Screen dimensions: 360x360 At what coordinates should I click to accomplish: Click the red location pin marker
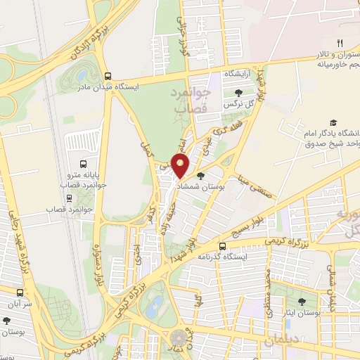coord(181,165)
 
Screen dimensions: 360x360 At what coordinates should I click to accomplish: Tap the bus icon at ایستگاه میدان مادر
coord(108,76)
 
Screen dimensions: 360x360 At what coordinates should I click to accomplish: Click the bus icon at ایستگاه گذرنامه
coord(222,247)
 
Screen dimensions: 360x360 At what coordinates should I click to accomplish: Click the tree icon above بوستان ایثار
coord(302,302)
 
